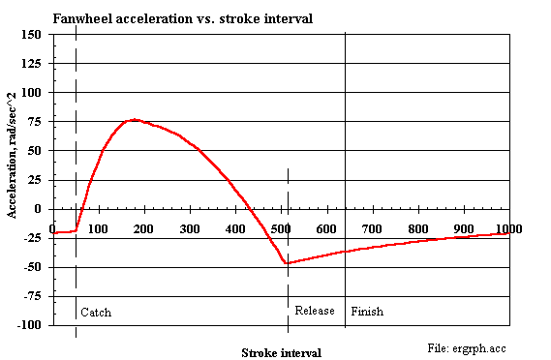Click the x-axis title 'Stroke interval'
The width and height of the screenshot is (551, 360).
point(281,352)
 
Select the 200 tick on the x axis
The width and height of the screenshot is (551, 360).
point(143,228)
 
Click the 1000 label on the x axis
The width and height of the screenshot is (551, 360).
point(508,228)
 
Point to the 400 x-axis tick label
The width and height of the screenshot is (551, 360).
point(234,228)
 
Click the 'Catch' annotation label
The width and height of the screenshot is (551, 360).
point(95,312)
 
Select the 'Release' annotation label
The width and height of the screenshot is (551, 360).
point(314,311)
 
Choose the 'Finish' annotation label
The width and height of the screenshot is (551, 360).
point(367,312)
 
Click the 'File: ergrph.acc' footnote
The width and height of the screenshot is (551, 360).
point(467,346)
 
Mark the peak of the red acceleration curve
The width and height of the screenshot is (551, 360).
point(134,120)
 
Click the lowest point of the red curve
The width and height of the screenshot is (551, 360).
point(286,263)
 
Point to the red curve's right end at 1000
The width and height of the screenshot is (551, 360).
point(508,232)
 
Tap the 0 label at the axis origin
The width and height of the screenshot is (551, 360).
point(52,228)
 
